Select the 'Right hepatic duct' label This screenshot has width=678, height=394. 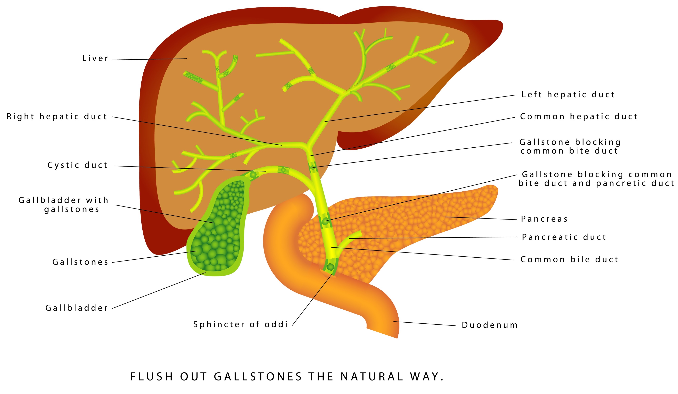click(57, 117)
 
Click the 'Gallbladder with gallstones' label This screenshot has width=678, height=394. click(64, 205)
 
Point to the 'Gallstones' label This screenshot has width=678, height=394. click(80, 262)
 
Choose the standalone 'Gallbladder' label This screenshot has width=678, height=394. click(76, 308)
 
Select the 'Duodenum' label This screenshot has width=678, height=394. click(490, 325)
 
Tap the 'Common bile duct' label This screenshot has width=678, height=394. click(569, 259)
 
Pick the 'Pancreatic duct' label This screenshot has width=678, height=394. click(564, 237)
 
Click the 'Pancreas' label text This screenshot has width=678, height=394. click(544, 219)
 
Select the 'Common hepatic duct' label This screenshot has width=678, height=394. click(579, 117)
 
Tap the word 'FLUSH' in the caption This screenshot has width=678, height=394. click(151, 377)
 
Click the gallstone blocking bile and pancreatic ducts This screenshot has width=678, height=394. click(325, 222)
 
